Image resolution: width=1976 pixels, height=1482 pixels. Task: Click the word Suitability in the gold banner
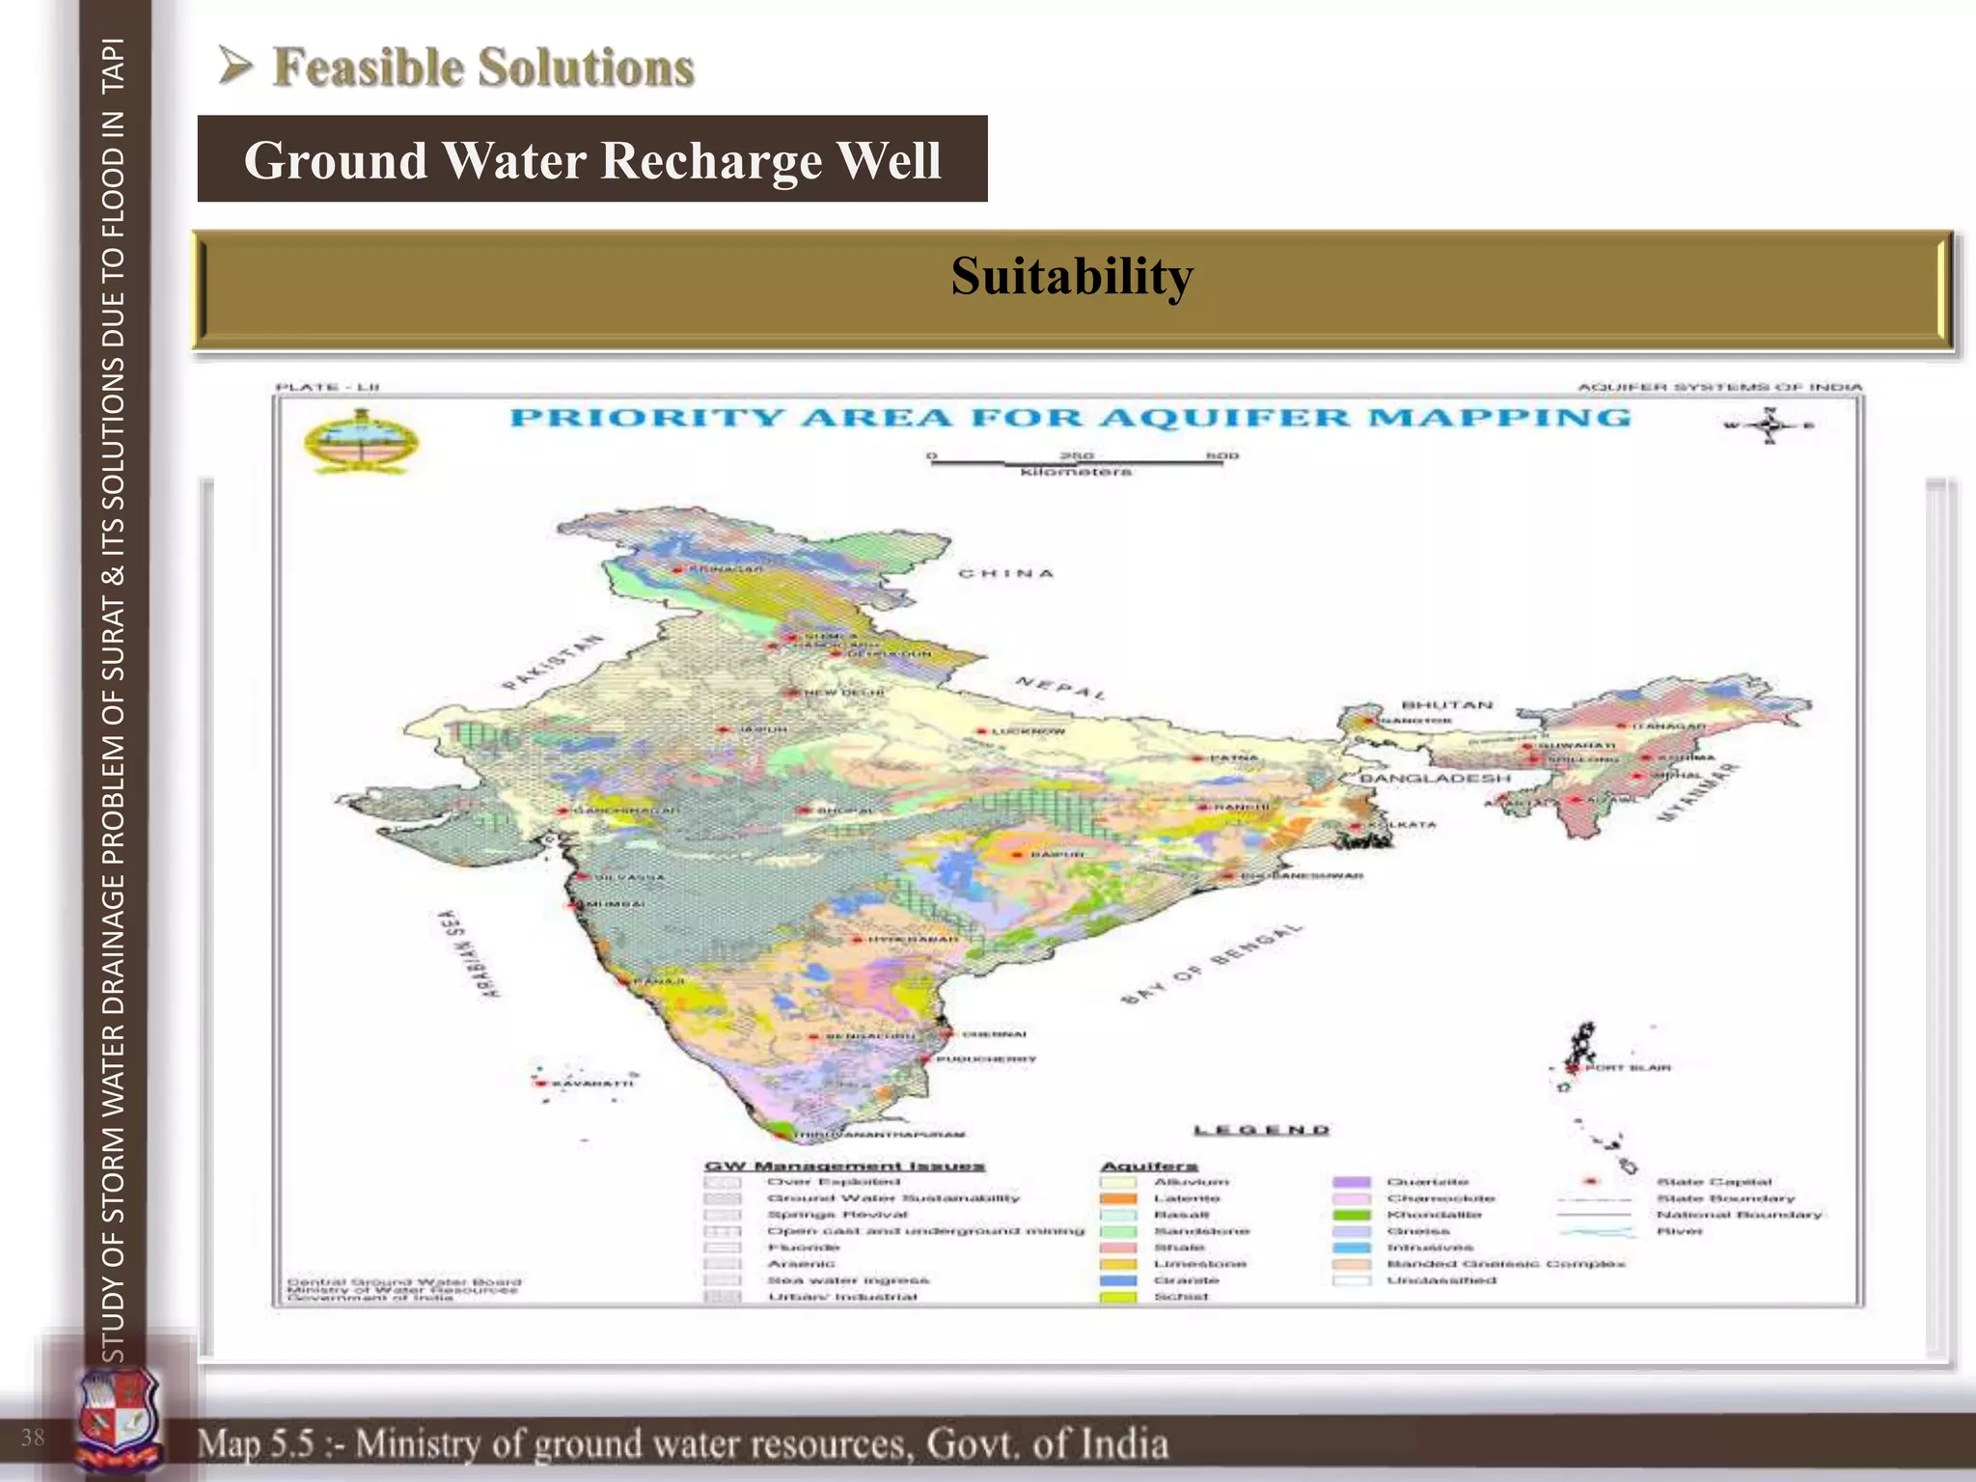(1071, 277)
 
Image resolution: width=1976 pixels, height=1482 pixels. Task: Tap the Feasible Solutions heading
(482, 68)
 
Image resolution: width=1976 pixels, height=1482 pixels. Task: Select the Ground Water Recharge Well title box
(592, 159)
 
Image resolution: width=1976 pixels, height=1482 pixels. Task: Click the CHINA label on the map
(1005, 573)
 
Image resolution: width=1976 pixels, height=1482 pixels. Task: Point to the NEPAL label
(1060, 688)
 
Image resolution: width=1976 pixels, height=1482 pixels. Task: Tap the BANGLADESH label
(1435, 779)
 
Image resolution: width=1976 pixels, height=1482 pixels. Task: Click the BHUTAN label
(1446, 705)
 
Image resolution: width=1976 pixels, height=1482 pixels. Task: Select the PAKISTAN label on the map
(553, 662)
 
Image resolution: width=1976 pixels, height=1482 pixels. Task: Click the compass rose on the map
(1769, 425)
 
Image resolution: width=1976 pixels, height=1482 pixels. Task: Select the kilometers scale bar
(1076, 463)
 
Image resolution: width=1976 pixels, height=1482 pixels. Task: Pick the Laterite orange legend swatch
(1118, 1198)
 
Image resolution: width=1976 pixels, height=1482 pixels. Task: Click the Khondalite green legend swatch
(1351, 1215)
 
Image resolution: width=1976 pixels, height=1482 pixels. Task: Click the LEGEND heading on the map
(1261, 1130)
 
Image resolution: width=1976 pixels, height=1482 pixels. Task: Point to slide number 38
(33, 1438)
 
